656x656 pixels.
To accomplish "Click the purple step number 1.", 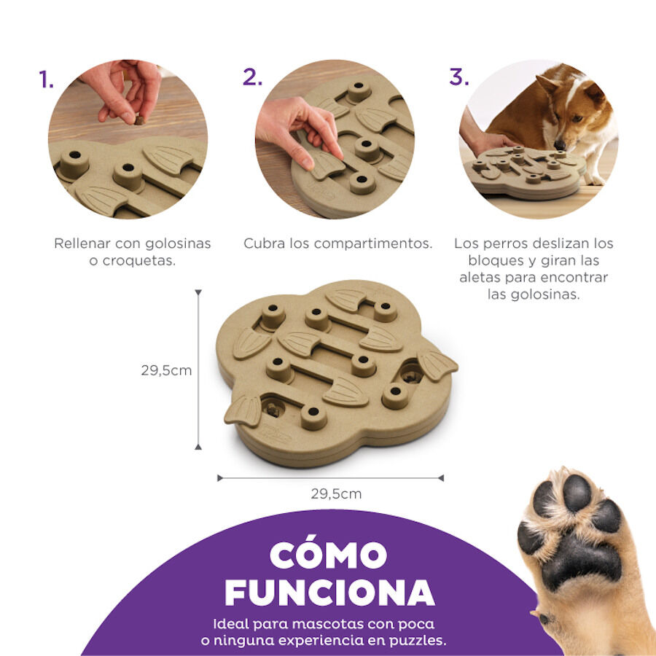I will click(x=47, y=79).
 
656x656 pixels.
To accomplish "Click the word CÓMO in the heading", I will click(x=327, y=555).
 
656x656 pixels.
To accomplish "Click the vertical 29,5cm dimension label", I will click(x=166, y=370).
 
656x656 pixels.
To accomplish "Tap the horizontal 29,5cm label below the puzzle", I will click(x=336, y=493).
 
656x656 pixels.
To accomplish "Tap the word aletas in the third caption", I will click(x=483, y=278).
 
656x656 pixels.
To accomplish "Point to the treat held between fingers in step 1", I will click(x=138, y=120).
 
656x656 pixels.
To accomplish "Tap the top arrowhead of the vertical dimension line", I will click(x=198, y=292).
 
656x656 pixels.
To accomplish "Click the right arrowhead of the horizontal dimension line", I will click(x=440, y=478).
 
